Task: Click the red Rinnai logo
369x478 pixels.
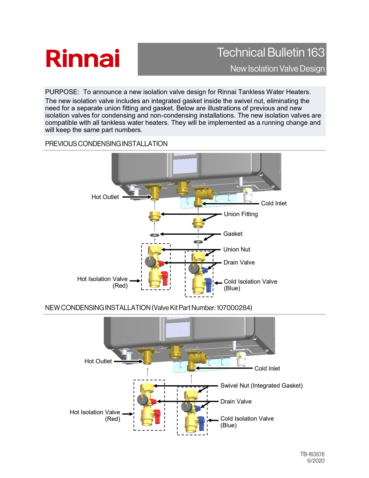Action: pos(83,59)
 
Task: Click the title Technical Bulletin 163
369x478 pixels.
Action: pos(271,53)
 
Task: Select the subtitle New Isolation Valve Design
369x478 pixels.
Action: pos(277,69)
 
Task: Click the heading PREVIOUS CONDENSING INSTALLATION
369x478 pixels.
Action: pos(106,144)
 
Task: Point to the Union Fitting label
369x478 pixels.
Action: pos(241,214)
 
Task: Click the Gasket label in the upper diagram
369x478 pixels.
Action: pos(233,234)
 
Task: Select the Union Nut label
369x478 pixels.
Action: pos(237,249)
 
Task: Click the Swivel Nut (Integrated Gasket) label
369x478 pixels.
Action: pos(261,386)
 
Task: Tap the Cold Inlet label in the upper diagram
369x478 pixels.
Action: pos(274,203)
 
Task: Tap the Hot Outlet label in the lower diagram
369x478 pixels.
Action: pos(98,361)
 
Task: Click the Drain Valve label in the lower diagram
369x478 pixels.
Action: pos(236,402)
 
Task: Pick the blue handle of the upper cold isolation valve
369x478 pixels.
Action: pos(208,285)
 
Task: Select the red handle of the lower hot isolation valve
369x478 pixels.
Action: pos(157,417)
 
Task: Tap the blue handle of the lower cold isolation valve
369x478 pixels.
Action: pos(201,423)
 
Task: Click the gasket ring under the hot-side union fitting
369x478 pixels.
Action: pos(155,235)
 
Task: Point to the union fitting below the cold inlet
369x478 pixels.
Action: pos(198,223)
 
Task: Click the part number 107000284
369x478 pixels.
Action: pos(234,308)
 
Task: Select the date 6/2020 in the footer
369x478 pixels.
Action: pos(316,461)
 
